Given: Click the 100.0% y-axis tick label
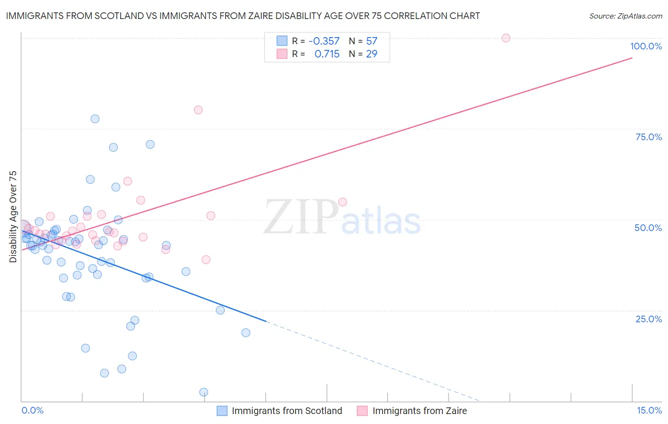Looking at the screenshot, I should point(646,46).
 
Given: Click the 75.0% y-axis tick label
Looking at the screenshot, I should point(649,137).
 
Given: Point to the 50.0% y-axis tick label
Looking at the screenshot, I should point(648,228).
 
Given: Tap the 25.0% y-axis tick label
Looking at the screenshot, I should point(649,318).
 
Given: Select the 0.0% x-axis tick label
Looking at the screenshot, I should point(32,410).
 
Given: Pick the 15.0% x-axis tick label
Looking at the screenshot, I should point(649,410).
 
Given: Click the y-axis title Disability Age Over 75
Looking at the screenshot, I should point(13,217).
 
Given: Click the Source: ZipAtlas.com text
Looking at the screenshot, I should point(625,16).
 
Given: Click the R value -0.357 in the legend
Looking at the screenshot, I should point(324,41).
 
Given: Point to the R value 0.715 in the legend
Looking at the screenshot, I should point(327,54).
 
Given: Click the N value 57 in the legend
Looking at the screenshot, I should point(372,41).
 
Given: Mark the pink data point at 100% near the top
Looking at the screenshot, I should point(506,38).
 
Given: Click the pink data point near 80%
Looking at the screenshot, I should point(198,110).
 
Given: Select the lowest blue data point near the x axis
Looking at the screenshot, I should point(203,392).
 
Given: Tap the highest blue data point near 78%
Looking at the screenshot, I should point(95,119).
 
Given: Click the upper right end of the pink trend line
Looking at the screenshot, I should point(631,58).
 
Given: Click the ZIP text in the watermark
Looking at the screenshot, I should point(301,217).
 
